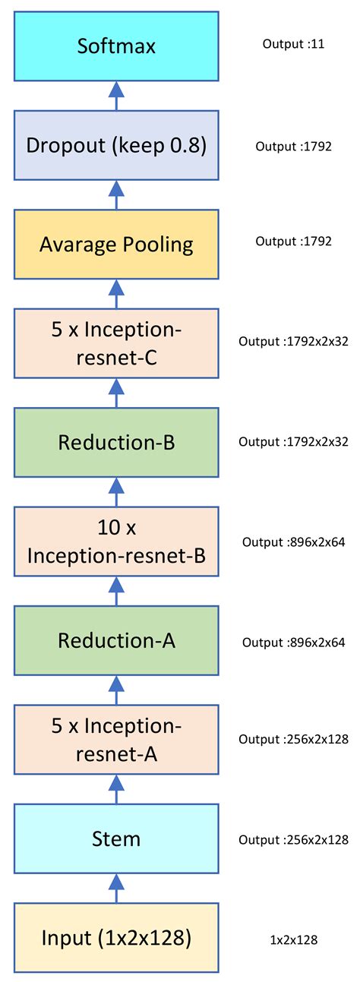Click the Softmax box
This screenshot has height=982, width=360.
116,46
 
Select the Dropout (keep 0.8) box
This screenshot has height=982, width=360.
116,145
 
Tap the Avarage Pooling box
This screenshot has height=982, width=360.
116,245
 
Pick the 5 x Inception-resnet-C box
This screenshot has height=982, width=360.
116,343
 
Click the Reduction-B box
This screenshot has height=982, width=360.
116,443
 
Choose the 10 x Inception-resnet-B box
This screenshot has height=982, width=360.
116,542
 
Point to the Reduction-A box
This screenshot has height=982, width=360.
116,641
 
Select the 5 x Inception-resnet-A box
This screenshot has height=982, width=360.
116,740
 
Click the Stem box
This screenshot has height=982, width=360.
116,839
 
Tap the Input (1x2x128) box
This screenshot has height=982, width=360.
116,938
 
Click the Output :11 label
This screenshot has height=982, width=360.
293,44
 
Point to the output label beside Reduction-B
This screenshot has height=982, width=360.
293,441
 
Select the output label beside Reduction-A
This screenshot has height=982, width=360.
293,643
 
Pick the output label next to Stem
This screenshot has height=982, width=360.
293,840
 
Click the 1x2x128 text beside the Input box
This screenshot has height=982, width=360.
293,940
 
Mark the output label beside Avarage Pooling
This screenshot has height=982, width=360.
293,242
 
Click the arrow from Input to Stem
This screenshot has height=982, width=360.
116,887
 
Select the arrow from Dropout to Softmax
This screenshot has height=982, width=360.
116,95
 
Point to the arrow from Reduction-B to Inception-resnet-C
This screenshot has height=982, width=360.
116,392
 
